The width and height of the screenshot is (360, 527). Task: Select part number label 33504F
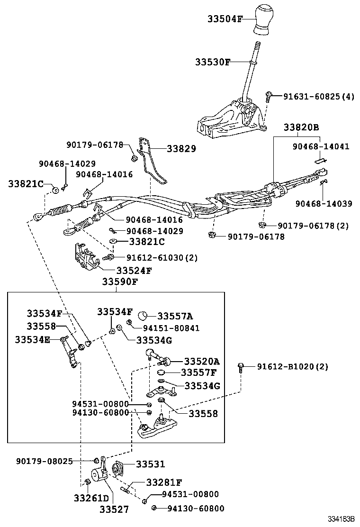(225, 19)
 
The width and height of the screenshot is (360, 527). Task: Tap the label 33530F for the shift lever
(213, 62)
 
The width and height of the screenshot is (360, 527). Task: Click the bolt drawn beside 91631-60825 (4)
(268, 97)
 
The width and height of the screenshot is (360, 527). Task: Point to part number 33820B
(301, 127)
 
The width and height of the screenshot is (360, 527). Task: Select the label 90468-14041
(320, 146)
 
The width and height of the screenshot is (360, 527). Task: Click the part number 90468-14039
(324, 204)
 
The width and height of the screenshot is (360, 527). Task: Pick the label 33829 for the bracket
(181, 149)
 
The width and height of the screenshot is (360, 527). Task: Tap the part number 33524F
(134, 271)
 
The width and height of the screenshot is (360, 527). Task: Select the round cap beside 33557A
(144, 316)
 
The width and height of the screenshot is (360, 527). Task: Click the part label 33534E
(32, 339)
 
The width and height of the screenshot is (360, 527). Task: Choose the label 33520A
(202, 360)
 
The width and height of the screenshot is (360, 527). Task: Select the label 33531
(151, 464)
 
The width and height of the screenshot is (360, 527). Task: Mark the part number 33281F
(164, 482)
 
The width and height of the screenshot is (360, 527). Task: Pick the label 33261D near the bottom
(91, 498)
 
